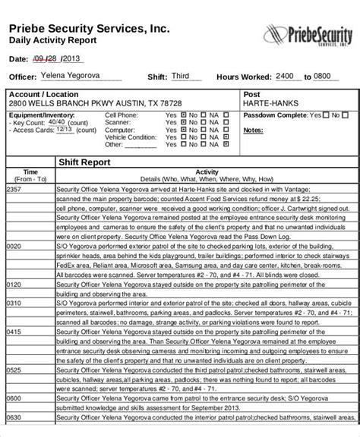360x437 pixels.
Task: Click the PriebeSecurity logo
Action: click(x=307, y=35)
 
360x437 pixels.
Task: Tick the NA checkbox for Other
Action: click(x=226, y=143)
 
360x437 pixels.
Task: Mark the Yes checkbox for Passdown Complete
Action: click(x=326, y=115)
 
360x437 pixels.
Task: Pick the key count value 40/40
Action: click(x=55, y=121)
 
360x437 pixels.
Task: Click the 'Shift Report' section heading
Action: click(x=85, y=162)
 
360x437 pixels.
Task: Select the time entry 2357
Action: click(x=14, y=189)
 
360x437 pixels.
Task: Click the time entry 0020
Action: click(x=14, y=247)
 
